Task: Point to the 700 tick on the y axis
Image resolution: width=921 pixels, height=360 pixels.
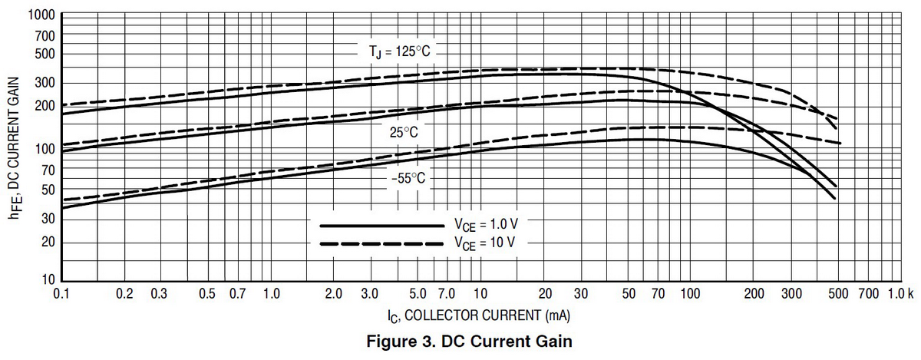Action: [x=45, y=36]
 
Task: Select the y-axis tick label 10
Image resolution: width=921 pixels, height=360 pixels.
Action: [x=48, y=279]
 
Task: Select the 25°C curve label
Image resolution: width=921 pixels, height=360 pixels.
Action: [x=403, y=133]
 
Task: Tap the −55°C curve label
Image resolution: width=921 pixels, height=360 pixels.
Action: [x=407, y=178]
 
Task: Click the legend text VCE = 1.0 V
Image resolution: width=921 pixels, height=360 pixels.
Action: [x=484, y=226]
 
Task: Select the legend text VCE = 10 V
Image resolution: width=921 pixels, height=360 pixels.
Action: [x=484, y=243]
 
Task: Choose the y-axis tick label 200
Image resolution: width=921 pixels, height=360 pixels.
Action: [x=45, y=105]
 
